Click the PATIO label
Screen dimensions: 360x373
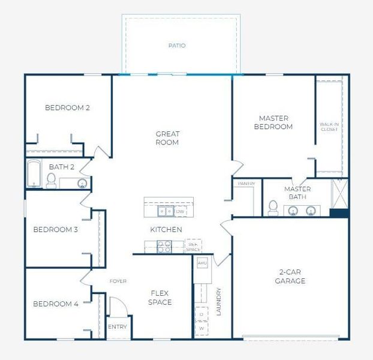tap(177, 46)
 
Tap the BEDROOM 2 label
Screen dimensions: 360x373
tap(67, 108)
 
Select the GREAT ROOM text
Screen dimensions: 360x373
tap(167, 138)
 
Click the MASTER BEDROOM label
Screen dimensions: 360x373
tap(273, 122)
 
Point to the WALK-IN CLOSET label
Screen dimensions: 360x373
tap(329, 127)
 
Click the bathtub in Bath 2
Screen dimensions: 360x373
tap(34, 175)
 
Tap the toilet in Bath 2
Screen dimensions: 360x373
tap(52, 180)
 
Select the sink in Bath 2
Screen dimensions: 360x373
tap(82, 182)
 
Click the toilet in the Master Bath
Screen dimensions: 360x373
tap(273, 208)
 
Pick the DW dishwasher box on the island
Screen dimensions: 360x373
tap(180, 211)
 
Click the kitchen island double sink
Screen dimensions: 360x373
tap(166, 211)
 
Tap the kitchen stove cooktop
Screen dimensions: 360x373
tap(164, 245)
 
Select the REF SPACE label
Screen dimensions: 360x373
tap(193, 246)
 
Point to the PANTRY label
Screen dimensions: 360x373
tap(246, 184)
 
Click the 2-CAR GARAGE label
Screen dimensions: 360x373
tap(290, 276)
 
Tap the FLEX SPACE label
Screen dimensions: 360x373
tap(160, 298)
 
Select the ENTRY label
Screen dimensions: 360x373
tap(117, 327)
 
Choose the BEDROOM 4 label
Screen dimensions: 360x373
tap(56, 304)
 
